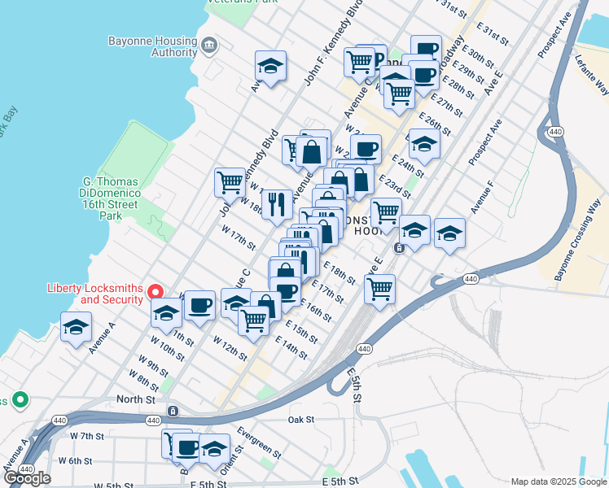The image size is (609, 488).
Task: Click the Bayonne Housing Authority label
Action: tap(151, 46)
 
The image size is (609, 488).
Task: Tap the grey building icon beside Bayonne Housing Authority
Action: tap(208, 43)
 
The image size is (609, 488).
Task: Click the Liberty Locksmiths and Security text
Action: tap(95, 294)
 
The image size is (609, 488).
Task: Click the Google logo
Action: tap(27, 478)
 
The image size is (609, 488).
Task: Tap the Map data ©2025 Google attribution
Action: tap(559, 481)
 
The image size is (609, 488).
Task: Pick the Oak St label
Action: tap(301, 420)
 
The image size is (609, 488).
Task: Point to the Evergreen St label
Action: tap(259, 442)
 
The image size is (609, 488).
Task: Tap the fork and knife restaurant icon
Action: tap(277, 203)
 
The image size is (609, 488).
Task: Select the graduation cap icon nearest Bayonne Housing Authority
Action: tap(270, 65)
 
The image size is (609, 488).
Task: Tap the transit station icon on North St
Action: tap(173, 411)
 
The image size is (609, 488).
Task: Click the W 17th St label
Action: tap(239, 237)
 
